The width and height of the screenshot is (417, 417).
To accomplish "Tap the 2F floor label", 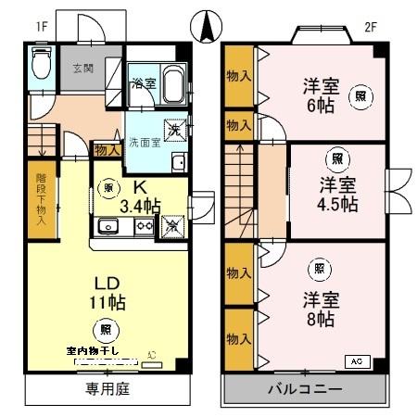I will point(371,28).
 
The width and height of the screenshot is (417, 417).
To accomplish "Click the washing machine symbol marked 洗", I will point(172,129).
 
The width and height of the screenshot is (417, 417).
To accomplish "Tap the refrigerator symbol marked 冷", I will point(172,224).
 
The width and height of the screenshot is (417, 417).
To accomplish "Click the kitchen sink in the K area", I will point(107,225).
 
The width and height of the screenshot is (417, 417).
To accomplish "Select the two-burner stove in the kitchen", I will point(144,225).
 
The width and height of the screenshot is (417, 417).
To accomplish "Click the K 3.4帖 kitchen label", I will point(138,196).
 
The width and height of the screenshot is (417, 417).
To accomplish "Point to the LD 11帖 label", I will point(108,292).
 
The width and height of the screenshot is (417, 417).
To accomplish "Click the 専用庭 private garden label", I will point(107,389).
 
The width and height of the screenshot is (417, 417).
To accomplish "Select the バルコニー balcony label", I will point(306,389).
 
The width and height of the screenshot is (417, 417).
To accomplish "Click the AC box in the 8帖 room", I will point(357,360).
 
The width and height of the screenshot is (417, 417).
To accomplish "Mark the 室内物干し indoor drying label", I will point(102,352).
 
